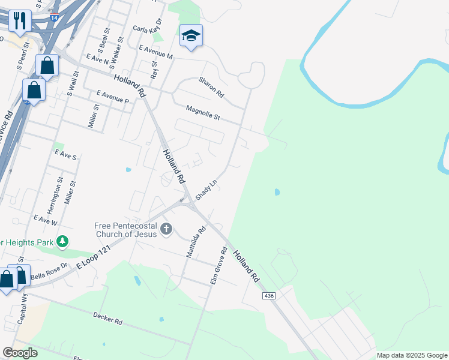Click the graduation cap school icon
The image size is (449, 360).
click(x=191, y=36)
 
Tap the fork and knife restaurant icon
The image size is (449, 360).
click(x=19, y=20)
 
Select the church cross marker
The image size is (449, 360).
click(x=166, y=229)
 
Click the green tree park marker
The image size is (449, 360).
click(x=62, y=242)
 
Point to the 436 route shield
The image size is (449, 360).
click(x=269, y=296)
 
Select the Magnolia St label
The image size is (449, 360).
click(x=203, y=113)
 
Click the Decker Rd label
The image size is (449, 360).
click(x=108, y=319)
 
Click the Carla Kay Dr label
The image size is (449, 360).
click(x=148, y=29)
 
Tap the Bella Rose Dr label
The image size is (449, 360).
click(x=46, y=276)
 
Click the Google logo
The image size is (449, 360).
click(x=20, y=353)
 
